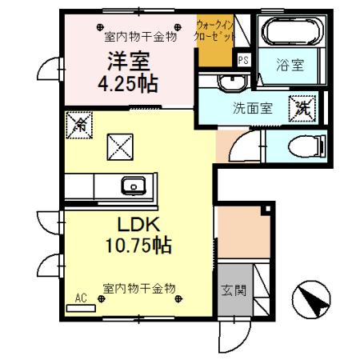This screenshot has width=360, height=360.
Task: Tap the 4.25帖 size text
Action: tap(128, 82)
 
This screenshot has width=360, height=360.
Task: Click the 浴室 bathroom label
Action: tap(290, 66)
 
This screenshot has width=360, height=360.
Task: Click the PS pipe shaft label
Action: tap(243, 58)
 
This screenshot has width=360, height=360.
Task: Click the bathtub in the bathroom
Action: tap(290, 34)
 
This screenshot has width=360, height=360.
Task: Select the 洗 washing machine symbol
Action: tap(303, 106)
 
